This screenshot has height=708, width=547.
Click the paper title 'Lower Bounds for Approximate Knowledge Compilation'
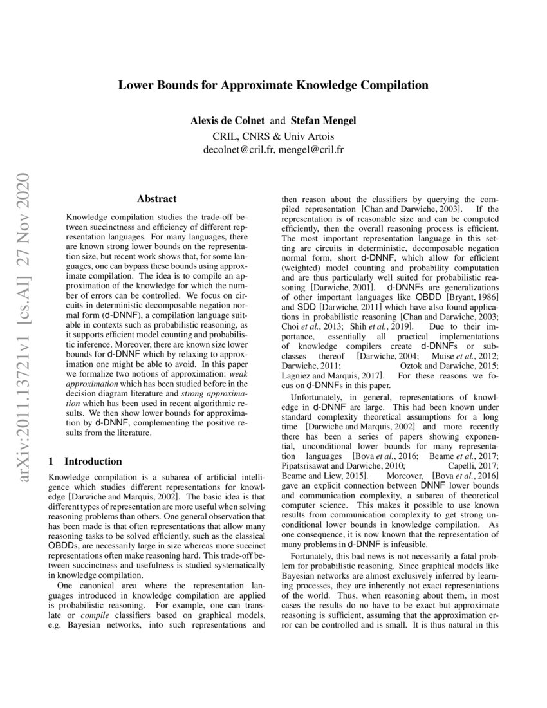click(273, 85)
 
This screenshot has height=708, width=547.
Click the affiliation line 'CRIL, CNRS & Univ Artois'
click(273, 136)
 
